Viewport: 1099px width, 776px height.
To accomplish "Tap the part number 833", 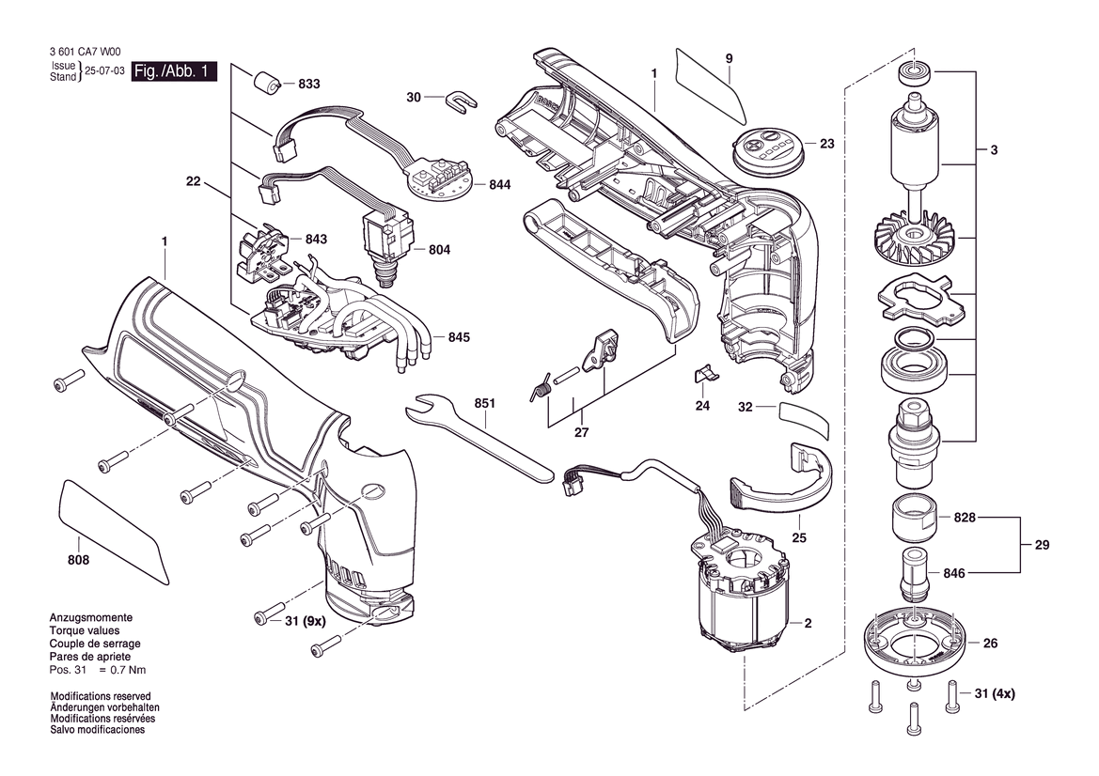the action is (x=308, y=84).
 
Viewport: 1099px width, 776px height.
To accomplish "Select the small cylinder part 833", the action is (x=266, y=81).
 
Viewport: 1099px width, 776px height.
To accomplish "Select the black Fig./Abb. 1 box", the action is (x=174, y=70).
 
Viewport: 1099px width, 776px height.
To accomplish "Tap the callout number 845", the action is (x=459, y=337).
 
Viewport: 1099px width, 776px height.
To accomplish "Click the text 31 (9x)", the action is (x=305, y=621).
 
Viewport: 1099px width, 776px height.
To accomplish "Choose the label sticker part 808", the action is (x=115, y=530).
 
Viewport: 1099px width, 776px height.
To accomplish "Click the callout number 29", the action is (x=1042, y=545).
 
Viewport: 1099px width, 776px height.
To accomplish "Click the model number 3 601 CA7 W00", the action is (x=85, y=52).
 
